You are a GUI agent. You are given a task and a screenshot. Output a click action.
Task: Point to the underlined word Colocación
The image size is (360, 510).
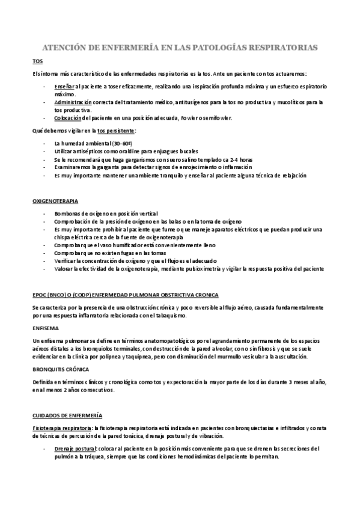tap(67, 118)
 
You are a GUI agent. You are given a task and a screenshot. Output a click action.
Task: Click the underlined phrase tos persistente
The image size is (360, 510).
tap(117, 130)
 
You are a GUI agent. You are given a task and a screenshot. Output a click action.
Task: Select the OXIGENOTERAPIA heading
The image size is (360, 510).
tap(58, 198)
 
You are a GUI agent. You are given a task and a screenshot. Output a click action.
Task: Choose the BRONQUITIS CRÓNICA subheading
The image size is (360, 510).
tap(61, 369)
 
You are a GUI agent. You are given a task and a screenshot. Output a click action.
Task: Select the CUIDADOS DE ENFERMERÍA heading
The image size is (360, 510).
tap(67, 415)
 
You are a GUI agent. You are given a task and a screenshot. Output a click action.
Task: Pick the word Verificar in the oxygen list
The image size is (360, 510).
tap(65, 260)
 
